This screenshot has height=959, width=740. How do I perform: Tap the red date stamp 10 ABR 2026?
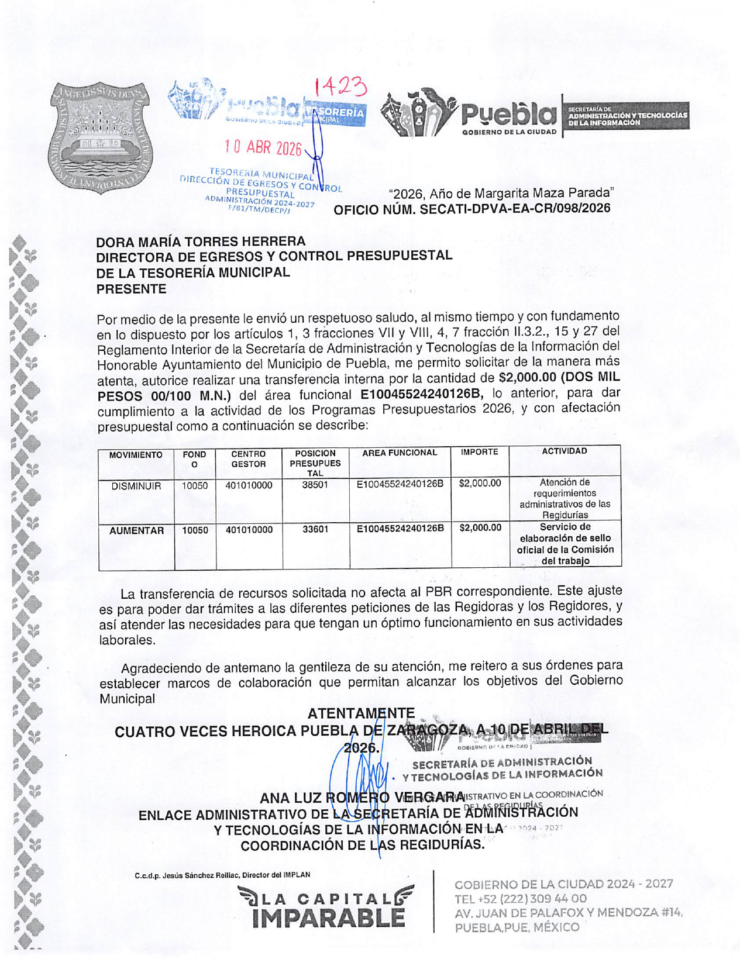pos(263,147)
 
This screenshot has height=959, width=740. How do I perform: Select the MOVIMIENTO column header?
pos(136,455)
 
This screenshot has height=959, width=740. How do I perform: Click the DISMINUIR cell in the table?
pos(136,486)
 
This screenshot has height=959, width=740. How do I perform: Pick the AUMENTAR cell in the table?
pos(136,530)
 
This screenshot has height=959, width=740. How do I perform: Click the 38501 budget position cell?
pos(315,485)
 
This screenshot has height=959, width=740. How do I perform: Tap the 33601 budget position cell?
pos(315,529)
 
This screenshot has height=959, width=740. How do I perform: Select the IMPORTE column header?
pos(479,452)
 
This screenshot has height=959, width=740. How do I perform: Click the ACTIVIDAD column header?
pos(564,451)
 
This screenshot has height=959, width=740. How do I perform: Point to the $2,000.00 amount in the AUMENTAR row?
pos(480,528)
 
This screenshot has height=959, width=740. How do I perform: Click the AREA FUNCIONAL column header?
pos(400,453)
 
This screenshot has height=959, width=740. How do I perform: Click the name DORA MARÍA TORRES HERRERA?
pos(201,242)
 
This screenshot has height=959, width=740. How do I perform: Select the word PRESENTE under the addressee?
pos(131,289)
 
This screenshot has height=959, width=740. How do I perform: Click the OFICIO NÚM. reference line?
pos(471,209)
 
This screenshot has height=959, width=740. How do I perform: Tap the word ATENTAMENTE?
pos(361,713)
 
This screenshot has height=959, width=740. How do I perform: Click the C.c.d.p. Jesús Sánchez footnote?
pos(222,875)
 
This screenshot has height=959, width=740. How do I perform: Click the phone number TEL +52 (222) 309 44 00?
pos(520,899)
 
